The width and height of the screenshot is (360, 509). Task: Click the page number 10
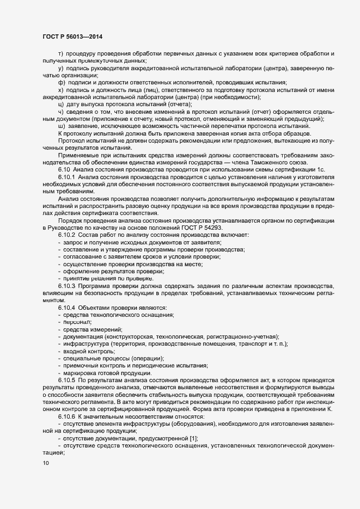pos(45,463)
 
